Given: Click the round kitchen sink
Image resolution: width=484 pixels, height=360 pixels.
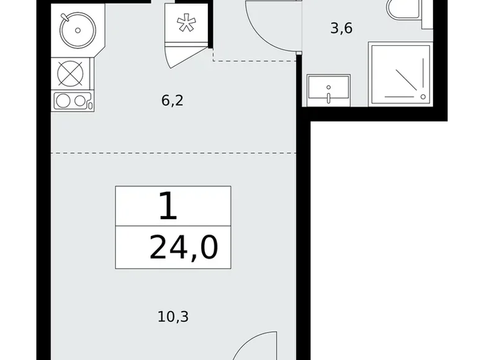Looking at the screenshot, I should click(x=74, y=29).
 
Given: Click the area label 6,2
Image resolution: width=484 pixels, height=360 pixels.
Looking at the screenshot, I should click(x=172, y=101).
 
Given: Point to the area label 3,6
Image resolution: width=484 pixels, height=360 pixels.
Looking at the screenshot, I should click(x=341, y=29).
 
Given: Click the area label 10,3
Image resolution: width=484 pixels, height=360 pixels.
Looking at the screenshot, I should click(x=173, y=318).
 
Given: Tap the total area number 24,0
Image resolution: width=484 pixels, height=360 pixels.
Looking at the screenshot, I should click(x=184, y=248).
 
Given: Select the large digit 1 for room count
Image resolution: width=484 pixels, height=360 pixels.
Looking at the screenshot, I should click(x=168, y=207).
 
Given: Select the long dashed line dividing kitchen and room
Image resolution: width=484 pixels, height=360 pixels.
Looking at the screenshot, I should click(x=174, y=152).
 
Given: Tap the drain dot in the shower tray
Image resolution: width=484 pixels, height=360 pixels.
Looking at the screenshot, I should click(x=424, y=97).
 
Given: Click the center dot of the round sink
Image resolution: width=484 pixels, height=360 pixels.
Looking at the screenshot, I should click(x=76, y=29).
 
